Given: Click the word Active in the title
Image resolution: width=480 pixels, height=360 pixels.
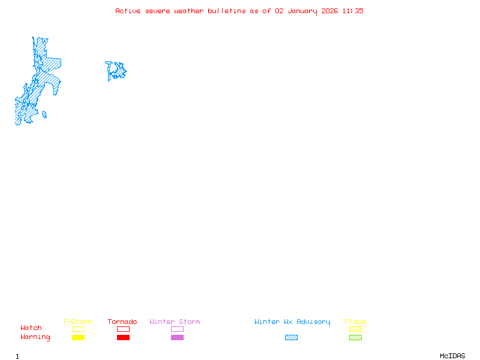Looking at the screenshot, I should point(128,11).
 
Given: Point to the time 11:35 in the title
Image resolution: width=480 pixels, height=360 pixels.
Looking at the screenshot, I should point(353,11).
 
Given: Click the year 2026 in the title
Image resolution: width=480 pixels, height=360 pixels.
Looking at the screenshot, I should point(329,11).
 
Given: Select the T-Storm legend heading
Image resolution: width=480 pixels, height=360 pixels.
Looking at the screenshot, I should point(77,322).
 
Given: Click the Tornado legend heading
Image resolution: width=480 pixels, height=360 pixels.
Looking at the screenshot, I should point(122,322).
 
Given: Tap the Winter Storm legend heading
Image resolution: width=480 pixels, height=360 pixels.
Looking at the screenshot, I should point(175,322).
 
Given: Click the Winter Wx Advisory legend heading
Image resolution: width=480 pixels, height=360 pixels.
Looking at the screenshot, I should point(292,322).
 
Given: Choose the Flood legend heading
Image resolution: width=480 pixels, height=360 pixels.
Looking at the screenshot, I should point(355,322).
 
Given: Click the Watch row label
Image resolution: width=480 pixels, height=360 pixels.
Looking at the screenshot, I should point(31,328).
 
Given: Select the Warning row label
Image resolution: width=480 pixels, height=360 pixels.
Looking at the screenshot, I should point(35,337).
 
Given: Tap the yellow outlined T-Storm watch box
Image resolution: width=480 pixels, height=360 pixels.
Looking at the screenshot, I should point(78,329).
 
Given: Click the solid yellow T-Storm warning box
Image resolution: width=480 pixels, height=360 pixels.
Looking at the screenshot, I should point(78,337).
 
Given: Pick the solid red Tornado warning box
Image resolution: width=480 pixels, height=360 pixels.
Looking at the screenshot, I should point(123,337).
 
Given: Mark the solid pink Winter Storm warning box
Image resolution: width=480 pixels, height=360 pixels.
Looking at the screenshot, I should point(177,337).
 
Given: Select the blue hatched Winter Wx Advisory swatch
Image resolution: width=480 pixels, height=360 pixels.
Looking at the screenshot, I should point(291,337).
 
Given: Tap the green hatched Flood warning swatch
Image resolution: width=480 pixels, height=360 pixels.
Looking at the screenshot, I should point(355,337).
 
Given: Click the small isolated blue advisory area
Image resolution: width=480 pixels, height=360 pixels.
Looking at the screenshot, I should point(116,71).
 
